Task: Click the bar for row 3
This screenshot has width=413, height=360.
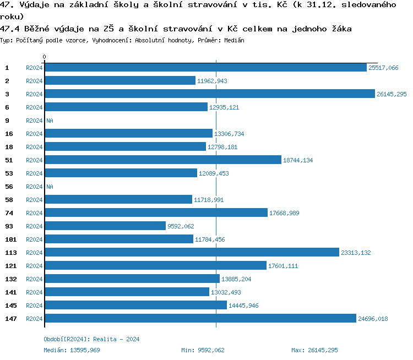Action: [x=209, y=94]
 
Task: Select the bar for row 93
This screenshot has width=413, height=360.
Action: [x=105, y=226]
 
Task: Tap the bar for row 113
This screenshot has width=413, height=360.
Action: [x=192, y=253]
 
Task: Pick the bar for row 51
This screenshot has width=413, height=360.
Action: [x=162, y=160]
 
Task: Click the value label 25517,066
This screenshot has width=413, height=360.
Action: [x=383, y=68]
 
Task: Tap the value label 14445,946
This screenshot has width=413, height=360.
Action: [x=243, y=306]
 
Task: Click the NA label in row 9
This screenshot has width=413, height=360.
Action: [x=50, y=121]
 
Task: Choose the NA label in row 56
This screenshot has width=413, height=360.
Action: [x=50, y=187]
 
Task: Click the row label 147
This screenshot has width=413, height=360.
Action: [x=11, y=319]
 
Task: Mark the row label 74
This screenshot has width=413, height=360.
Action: [x=9, y=213]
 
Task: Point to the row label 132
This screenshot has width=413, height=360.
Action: [x=11, y=279]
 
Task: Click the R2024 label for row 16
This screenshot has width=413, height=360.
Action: [x=34, y=134]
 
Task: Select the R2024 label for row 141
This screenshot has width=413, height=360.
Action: [x=34, y=292]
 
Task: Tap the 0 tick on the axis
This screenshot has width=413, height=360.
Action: [x=45, y=57]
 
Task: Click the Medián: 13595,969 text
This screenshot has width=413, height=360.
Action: [x=72, y=350]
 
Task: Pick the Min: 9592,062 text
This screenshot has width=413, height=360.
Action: [x=203, y=350]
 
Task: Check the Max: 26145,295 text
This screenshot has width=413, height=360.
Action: [x=314, y=350]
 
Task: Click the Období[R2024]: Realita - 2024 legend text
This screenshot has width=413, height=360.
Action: [x=91, y=339]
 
